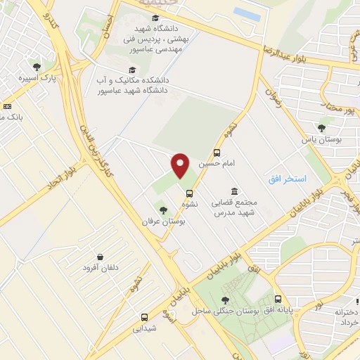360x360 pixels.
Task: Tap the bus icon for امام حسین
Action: coord(217,153)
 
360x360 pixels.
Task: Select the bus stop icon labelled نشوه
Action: coord(188,193)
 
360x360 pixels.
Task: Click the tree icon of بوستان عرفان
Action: coord(163,210)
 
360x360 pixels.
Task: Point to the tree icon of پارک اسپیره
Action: coord(37,67)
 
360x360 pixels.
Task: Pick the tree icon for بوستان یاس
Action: coord(322,128)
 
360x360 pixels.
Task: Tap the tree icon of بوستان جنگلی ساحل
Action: coord(224,300)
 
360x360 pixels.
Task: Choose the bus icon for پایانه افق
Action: coord(279,299)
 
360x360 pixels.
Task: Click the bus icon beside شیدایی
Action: coord(144,317)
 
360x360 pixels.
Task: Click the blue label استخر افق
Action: coord(287,180)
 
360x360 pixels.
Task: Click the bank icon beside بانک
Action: coord(7,105)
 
